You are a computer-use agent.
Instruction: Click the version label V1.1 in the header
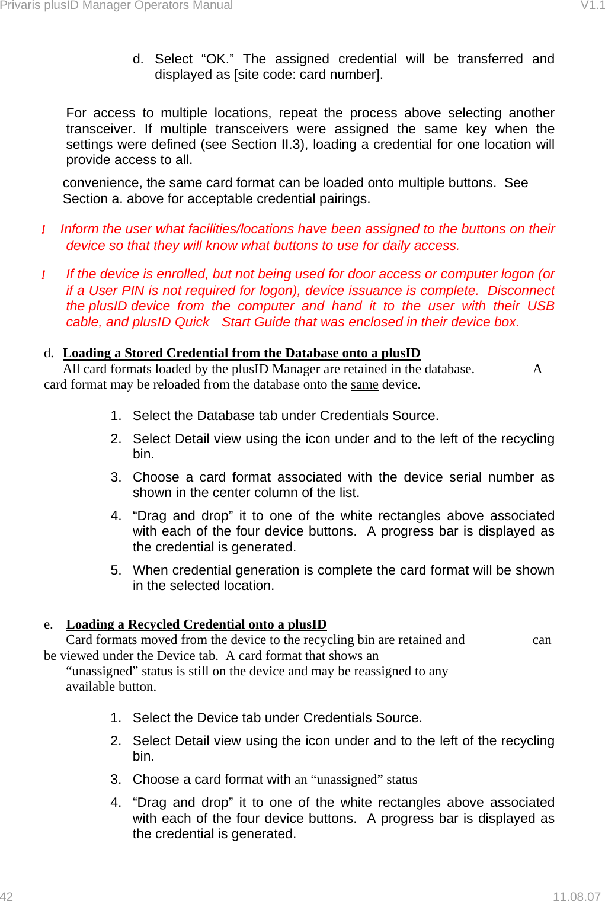click(x=592, y=5)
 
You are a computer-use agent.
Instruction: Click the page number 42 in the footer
click(x=7, y=896)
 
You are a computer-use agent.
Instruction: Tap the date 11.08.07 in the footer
click(x=576, y=896)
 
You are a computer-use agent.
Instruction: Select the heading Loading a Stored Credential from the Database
click(x=241, y=353)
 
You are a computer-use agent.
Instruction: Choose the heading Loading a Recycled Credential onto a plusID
click(x=196, y=624)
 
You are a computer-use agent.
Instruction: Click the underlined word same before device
click(x=364, y=384)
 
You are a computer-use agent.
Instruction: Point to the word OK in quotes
click(x=217, y=59)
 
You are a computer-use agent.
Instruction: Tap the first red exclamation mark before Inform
click(x=43, y=230)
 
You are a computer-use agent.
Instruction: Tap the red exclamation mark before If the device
click(x=43, y=275)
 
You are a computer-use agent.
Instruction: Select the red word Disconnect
click(x=521, y=291)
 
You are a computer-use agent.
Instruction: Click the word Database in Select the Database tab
click(x=225, y=416)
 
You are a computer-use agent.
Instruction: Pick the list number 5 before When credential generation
click(x=116, y=570)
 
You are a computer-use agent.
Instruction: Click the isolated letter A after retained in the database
click(x=537, y=369)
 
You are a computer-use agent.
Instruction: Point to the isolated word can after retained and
click(x=542, y=640)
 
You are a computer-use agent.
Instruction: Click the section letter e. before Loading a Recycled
click(x=48, y=624)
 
